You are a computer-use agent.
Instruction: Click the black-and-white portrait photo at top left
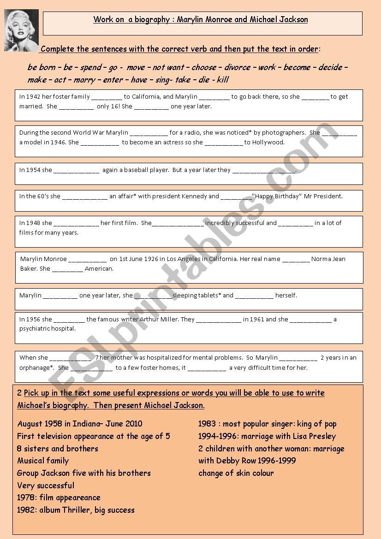pos(22,30)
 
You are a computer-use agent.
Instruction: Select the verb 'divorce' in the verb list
pos(238,67)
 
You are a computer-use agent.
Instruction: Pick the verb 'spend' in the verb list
pos(91,67)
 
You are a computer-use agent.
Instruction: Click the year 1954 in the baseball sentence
pos(33,170)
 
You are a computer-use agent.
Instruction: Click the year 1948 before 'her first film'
pos(33,223)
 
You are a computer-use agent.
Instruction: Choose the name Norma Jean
pos(328,259)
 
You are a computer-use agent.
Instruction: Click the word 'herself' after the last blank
pos(286,296)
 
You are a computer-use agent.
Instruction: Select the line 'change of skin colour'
pos(236,473)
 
